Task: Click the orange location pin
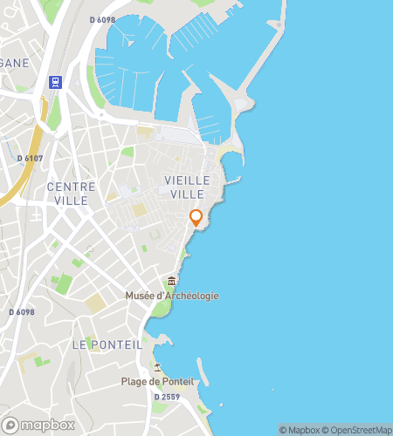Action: click(x=196, y=218)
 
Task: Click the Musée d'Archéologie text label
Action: click(x=171, y=296)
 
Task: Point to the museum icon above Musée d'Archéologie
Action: click(x=171, y=282)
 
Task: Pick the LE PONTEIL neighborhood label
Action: click(x=107, y=344)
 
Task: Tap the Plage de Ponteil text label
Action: click(x=157, y=382)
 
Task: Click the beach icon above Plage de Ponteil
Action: click(x=157, y=367)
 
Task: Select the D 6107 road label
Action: click(x=31, y=158)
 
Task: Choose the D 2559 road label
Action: click(x=168, y=397)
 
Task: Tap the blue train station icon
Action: click(x=56, y=82)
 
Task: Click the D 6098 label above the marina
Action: click(x=103, y=20)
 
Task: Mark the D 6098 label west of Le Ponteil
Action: click(x=21, y=311)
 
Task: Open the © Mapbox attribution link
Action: click(x=300, y=430)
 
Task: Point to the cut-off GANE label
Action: click(x=15, y=63)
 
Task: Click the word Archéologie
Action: click(x=192, y=296)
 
